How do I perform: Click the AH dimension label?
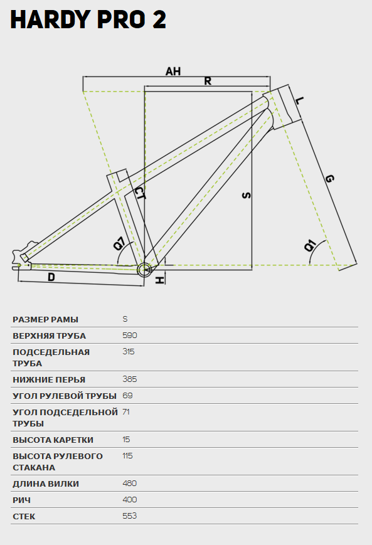[173, 71]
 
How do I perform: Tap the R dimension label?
[208, 81]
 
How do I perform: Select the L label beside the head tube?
[299, 101]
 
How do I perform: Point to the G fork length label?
[329, 179]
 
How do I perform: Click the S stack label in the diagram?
[247, 195]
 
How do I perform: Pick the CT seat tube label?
[140, 193]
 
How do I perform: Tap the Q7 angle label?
[120, 243]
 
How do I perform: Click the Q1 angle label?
[310, 245]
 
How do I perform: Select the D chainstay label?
[51, 277]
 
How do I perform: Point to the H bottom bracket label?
[159, 280]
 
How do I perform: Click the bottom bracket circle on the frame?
[144, 270]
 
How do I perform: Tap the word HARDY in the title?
[51, 19]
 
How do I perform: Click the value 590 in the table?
[130, 336]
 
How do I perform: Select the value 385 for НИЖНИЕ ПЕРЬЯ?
[130, 379]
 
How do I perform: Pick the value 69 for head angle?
[127, 396]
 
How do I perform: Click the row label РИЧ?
[21, 500]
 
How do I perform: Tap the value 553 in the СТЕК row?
[130, 516]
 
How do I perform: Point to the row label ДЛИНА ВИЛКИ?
[46, 484]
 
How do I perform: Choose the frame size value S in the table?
[125, 319]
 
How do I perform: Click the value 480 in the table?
[130, 484]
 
